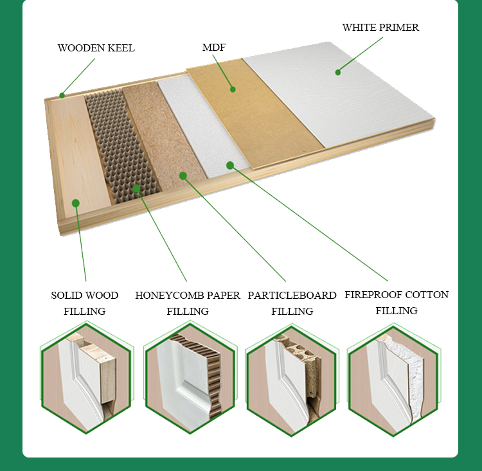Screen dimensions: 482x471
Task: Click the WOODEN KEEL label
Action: click(96, 48)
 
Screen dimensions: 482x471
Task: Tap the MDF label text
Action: click(214, 48)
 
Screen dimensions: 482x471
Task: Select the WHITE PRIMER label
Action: click(380, 28)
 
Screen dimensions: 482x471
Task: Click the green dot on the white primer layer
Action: click(338, 72)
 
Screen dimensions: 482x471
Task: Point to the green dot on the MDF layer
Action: click(233, 89)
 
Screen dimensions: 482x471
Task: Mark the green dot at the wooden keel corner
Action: click(62, 95)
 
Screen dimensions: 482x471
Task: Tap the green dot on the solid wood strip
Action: click(76, 203)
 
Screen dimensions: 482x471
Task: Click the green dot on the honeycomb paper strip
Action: click(136, 188)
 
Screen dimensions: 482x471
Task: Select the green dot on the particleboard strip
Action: click(183, 175)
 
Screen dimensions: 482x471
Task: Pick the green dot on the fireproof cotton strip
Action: click(230, 165)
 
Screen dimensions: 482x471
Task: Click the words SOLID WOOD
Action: click(85, 296)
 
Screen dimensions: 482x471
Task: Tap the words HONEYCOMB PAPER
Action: click(188, 296)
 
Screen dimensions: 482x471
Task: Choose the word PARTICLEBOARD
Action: click(292, 296)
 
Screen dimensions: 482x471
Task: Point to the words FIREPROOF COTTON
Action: click(397, 295)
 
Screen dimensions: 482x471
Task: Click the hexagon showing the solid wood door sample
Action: click(86, 378)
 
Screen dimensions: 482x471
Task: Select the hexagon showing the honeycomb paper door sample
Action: click(190, 378)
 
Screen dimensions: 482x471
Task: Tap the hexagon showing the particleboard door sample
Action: click(292, 380)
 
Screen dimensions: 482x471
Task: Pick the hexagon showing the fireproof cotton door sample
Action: click(394, 380)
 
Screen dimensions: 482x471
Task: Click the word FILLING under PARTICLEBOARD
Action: click(292, 312)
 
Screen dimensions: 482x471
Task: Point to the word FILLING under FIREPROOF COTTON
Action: click(397, 311)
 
